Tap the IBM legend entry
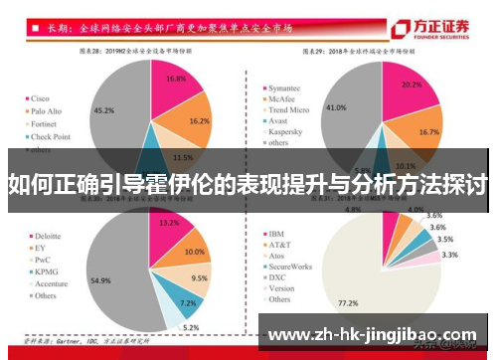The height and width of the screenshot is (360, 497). [x=277, y=234]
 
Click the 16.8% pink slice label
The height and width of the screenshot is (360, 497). [x=176, y=78]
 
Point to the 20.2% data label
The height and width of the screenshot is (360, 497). [x=413, y=86]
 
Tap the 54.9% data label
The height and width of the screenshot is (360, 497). [x=100, y=281]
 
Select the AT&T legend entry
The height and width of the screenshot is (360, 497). [x=281, y=245]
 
